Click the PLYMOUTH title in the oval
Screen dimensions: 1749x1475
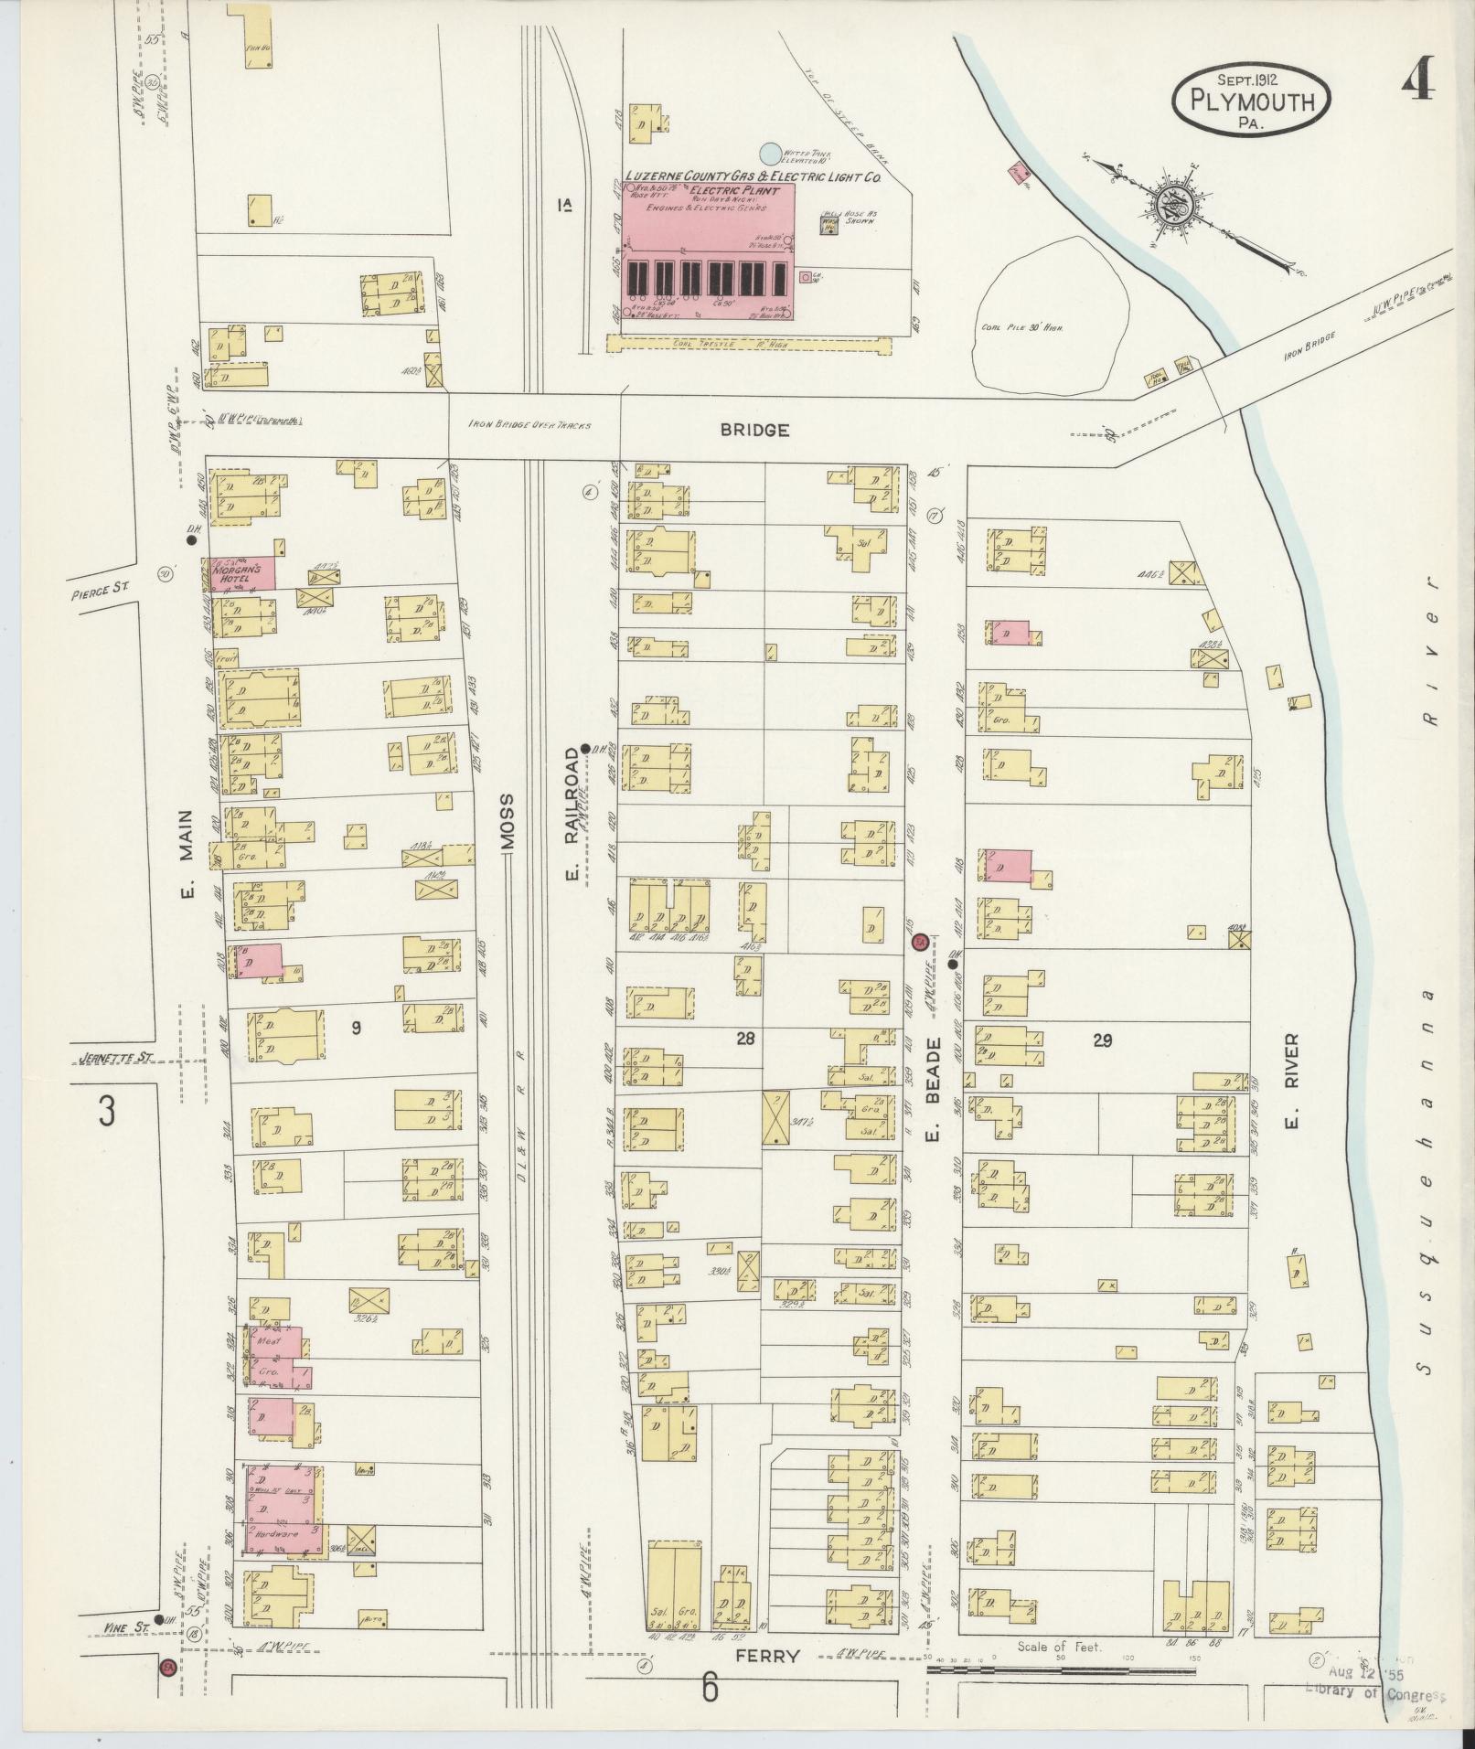pyautogui.click(x=1250, y=101)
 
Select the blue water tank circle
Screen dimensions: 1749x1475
pyautogui.click(x=771, y=153)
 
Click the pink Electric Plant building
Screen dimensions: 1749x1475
pyautogui.click(x=709, y=247)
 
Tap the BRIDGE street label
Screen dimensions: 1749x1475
pyautogui.click(x=754, y=430)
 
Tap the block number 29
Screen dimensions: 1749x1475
pyautogui.click(x=1102, y=1040)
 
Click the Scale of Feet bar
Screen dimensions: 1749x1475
pyautogui.click(x=1061, y=1670)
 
